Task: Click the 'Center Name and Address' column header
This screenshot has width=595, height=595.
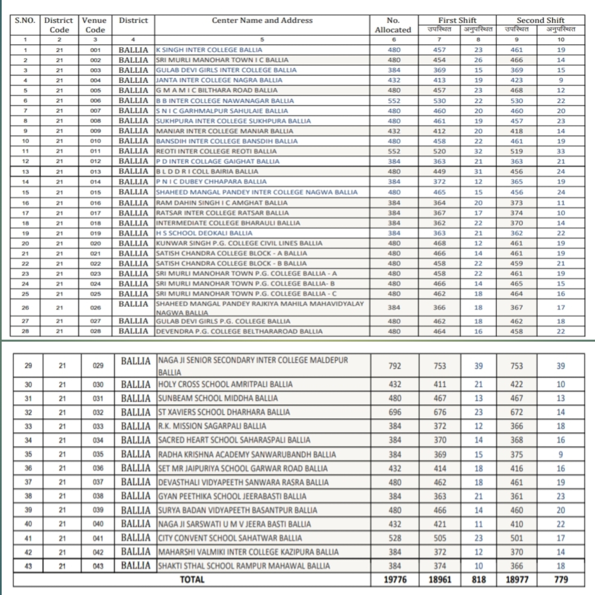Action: click(262, 20)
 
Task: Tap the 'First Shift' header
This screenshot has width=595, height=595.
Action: click(457, 20)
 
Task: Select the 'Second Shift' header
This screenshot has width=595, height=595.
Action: click(540, 20)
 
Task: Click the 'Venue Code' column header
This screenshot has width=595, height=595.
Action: click(95, 25)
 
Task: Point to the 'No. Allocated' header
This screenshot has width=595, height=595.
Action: click(393, 25)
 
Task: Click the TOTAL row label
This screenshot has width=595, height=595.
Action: click(192, 579)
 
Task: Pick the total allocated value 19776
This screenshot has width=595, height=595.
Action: click(395, 579)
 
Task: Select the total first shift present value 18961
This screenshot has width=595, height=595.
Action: click(440, 579)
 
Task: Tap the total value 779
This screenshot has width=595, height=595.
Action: click(561, 579)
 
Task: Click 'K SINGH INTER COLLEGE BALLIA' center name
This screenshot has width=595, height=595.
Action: click(209, 50)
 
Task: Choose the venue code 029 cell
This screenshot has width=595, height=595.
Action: click(98, 366)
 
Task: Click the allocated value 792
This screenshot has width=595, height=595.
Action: click(395, 366)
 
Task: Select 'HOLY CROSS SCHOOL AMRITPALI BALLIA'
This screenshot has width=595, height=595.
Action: click(225, 384)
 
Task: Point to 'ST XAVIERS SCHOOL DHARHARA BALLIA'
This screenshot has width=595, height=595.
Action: click(224, 412)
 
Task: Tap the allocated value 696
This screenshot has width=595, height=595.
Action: click(395, 412)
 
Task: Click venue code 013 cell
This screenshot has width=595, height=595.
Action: click(95, 172)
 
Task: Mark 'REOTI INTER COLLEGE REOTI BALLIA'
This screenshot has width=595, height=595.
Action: click(216, 151)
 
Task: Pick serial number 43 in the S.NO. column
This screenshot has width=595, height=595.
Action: click(28, 566)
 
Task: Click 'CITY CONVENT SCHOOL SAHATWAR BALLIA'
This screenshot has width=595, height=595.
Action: click(230, 538)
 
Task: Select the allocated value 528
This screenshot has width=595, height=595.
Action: click(395, 538)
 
